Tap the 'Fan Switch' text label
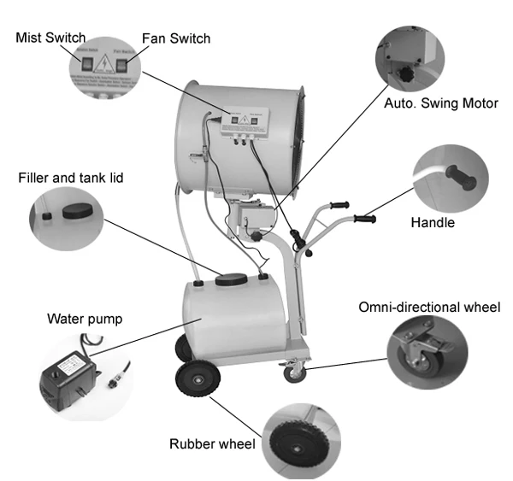pyautogui.click(x=175, y=38)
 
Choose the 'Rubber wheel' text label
pyautogui.click(x=214, y=443)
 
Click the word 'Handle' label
pyautogui.click(x=432, y=223)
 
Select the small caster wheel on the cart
pyautogui.click(x=294, y=372)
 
